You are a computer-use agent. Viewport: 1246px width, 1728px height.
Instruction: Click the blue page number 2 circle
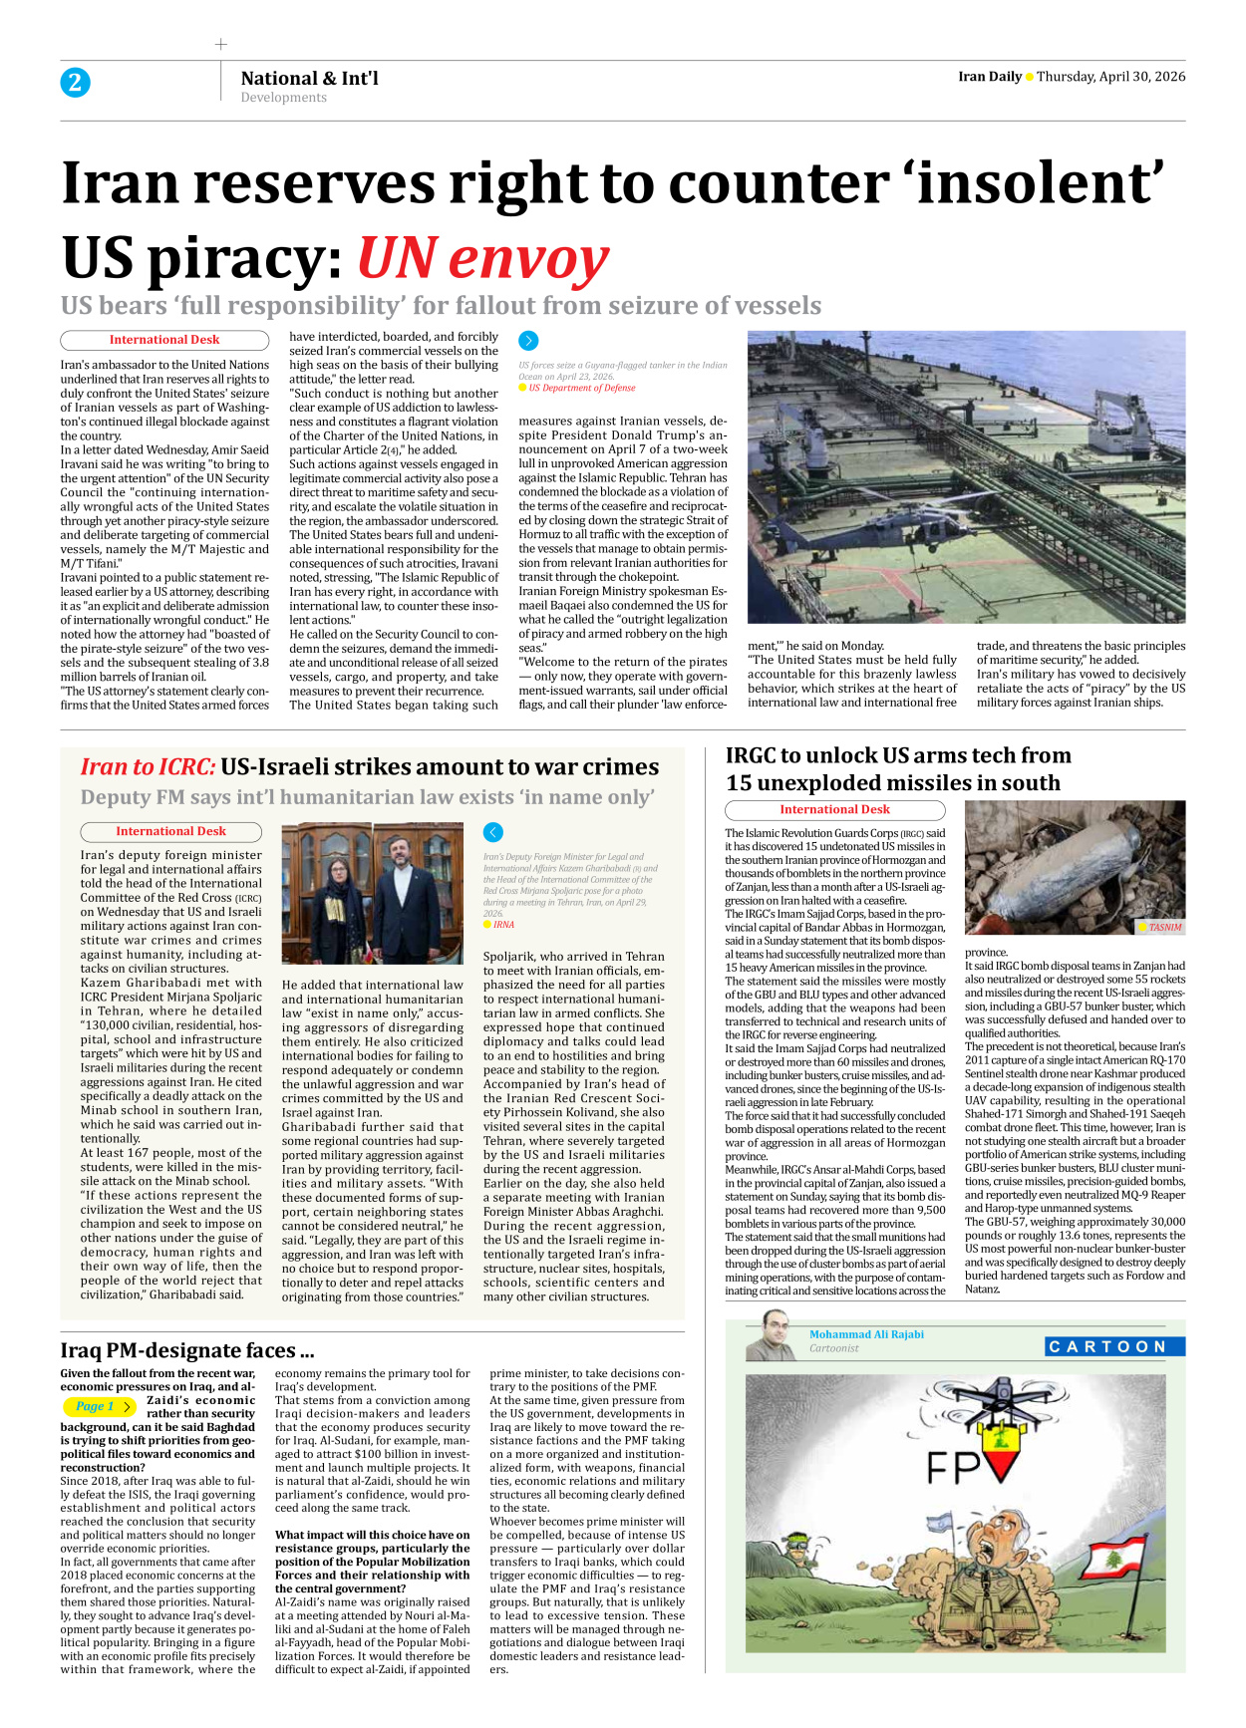point(75,83)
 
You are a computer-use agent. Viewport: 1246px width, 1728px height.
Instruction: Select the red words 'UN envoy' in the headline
point(482,258)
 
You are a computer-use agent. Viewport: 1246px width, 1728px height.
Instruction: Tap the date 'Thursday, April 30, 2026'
point(1110,77)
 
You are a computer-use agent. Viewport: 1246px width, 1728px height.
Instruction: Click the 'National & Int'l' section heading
point(309,78)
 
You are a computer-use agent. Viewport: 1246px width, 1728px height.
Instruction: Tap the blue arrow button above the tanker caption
point(528,341)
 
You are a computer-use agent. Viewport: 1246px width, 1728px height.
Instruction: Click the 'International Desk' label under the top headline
point(164,340)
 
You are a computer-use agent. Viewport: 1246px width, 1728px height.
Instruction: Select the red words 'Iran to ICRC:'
point(148,766)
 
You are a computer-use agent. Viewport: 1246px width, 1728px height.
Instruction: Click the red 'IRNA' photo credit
point(503,925)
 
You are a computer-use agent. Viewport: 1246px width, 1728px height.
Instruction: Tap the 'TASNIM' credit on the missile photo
point(1164,927)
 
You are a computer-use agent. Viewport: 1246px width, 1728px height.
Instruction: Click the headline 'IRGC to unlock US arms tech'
point(897,755)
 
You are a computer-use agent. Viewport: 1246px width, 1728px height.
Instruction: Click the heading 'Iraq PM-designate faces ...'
point(186,1350)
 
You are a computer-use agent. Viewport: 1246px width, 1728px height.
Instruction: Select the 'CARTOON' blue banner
point(1113,1346)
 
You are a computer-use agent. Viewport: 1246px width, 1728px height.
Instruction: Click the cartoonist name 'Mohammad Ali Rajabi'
point(866,1334)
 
